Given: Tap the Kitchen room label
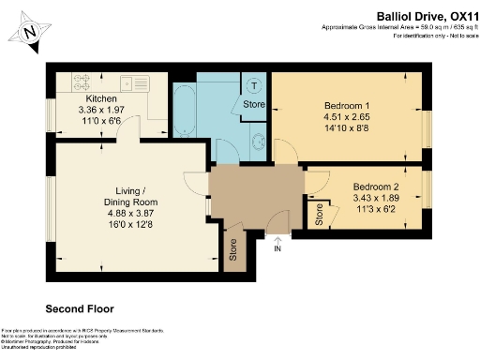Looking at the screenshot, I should pyautogui.click(x=100, y=98).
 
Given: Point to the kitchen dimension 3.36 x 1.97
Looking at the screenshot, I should pyautogui.click(x=100, y=109).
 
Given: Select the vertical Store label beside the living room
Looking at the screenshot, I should pyautogui.click(x=233, y=250).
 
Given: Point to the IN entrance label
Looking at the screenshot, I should pyautogui.click(x=277, y=248).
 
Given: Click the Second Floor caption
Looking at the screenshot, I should pyautogui.click(x=81, y=307).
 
